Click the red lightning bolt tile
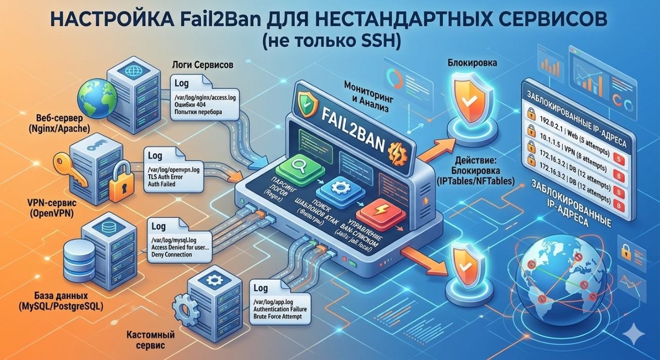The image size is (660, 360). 379,212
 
